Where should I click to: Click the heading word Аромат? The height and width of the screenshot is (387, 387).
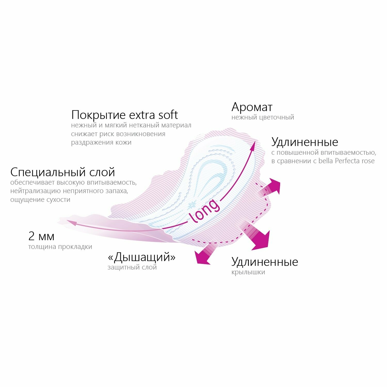(252, 107)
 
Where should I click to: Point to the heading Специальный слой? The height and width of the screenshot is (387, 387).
(63, 172)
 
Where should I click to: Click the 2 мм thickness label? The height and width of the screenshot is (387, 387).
(41, 236)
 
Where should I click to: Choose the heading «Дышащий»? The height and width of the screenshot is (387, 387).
(142, 257)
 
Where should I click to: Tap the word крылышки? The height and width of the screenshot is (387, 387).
(248, 272)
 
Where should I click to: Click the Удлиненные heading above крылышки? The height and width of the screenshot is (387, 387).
(265, 262)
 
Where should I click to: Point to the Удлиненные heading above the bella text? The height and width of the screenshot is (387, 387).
(305, 142)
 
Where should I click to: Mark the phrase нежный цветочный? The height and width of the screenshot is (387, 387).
(263, 117)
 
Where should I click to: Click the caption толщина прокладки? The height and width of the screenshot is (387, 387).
(60, 247)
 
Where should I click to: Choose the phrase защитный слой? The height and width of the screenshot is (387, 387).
(132, 267)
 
